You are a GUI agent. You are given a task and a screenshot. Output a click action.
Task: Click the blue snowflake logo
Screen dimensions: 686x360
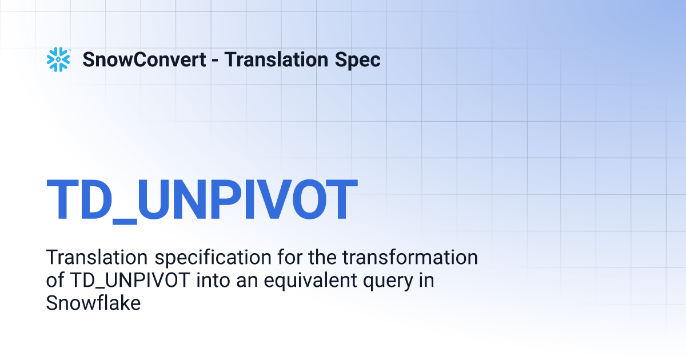pyautogui.click(x=58, y=59)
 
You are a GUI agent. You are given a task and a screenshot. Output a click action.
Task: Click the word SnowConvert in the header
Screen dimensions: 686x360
pyautogui.click(x=144, y=59)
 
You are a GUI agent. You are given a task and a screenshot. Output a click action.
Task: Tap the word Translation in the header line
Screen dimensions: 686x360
pyautogui.click(x=276, y=59)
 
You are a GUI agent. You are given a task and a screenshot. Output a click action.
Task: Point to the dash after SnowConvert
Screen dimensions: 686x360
pyautogui.click(x=215, y=61)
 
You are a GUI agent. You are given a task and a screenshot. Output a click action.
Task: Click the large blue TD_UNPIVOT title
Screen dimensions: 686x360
pyautogui.click(x=202, y=200)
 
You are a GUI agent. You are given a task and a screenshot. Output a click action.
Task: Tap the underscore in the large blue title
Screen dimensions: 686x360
pyautogui.click(x=125, y=222)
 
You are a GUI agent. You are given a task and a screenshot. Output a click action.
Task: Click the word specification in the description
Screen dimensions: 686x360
pyautogui.click(x=213, y=258)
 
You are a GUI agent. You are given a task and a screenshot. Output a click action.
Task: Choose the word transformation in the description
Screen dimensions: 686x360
pyautogui.click(x=410, y=257)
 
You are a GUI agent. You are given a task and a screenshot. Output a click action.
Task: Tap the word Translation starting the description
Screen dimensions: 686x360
pyautogui.click(x=97, y=257)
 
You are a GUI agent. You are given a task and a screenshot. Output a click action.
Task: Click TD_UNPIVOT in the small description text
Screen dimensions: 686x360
pyautogui.click(x=130, y=281)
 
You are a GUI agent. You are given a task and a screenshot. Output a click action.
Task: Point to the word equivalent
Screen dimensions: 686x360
pyautogui.click(x=310, y=281)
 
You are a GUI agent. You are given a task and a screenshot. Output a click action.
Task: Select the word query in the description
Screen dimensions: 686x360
pyautogui.click(x=388, y=282)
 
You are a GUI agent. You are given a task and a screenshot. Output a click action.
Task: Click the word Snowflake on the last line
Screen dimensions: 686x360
pyautogui.click(x=93, y=303)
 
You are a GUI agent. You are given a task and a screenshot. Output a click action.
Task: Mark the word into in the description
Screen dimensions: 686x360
pyautogui.click(x=213, y=280)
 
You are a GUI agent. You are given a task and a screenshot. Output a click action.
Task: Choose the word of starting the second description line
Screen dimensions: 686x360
pyautogui.click(x=55, y=280)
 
